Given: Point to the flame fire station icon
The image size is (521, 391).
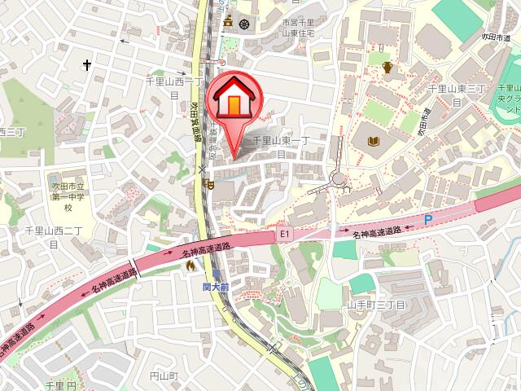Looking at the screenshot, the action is pos(190,265).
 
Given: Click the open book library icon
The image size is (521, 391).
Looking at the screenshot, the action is pos(374,142).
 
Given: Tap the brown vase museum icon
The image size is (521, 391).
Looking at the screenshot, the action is pos(387,68).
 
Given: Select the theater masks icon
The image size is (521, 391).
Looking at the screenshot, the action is pos(210,187).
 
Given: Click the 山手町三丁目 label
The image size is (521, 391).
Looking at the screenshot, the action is pos(376,303).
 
